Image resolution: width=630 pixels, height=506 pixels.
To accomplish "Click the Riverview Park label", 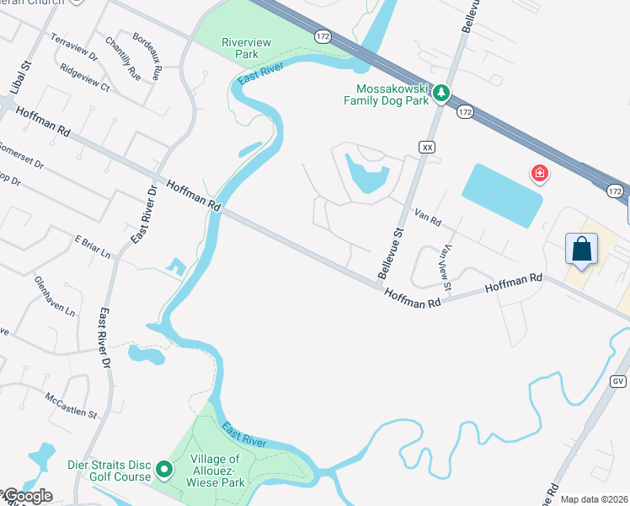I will [x=239, y=48].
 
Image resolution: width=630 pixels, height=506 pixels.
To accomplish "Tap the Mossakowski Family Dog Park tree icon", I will [x=440, y=93].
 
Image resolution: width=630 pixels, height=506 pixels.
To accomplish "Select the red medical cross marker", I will [x=539, y=175].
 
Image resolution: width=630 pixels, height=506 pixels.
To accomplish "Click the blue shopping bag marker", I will [x=581, y=249].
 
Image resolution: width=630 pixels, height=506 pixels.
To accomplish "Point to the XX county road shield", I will [x=427, y=147].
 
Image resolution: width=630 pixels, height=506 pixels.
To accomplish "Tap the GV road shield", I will [x=617, y=382].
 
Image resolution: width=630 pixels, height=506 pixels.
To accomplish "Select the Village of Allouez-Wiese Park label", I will [x=211, y=471].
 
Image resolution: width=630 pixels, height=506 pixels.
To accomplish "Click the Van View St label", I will [x=446, y=268].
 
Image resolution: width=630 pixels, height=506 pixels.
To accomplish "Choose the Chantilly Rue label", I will [x=123, y=55].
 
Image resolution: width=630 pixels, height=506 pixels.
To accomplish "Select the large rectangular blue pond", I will [x=501, y=195].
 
